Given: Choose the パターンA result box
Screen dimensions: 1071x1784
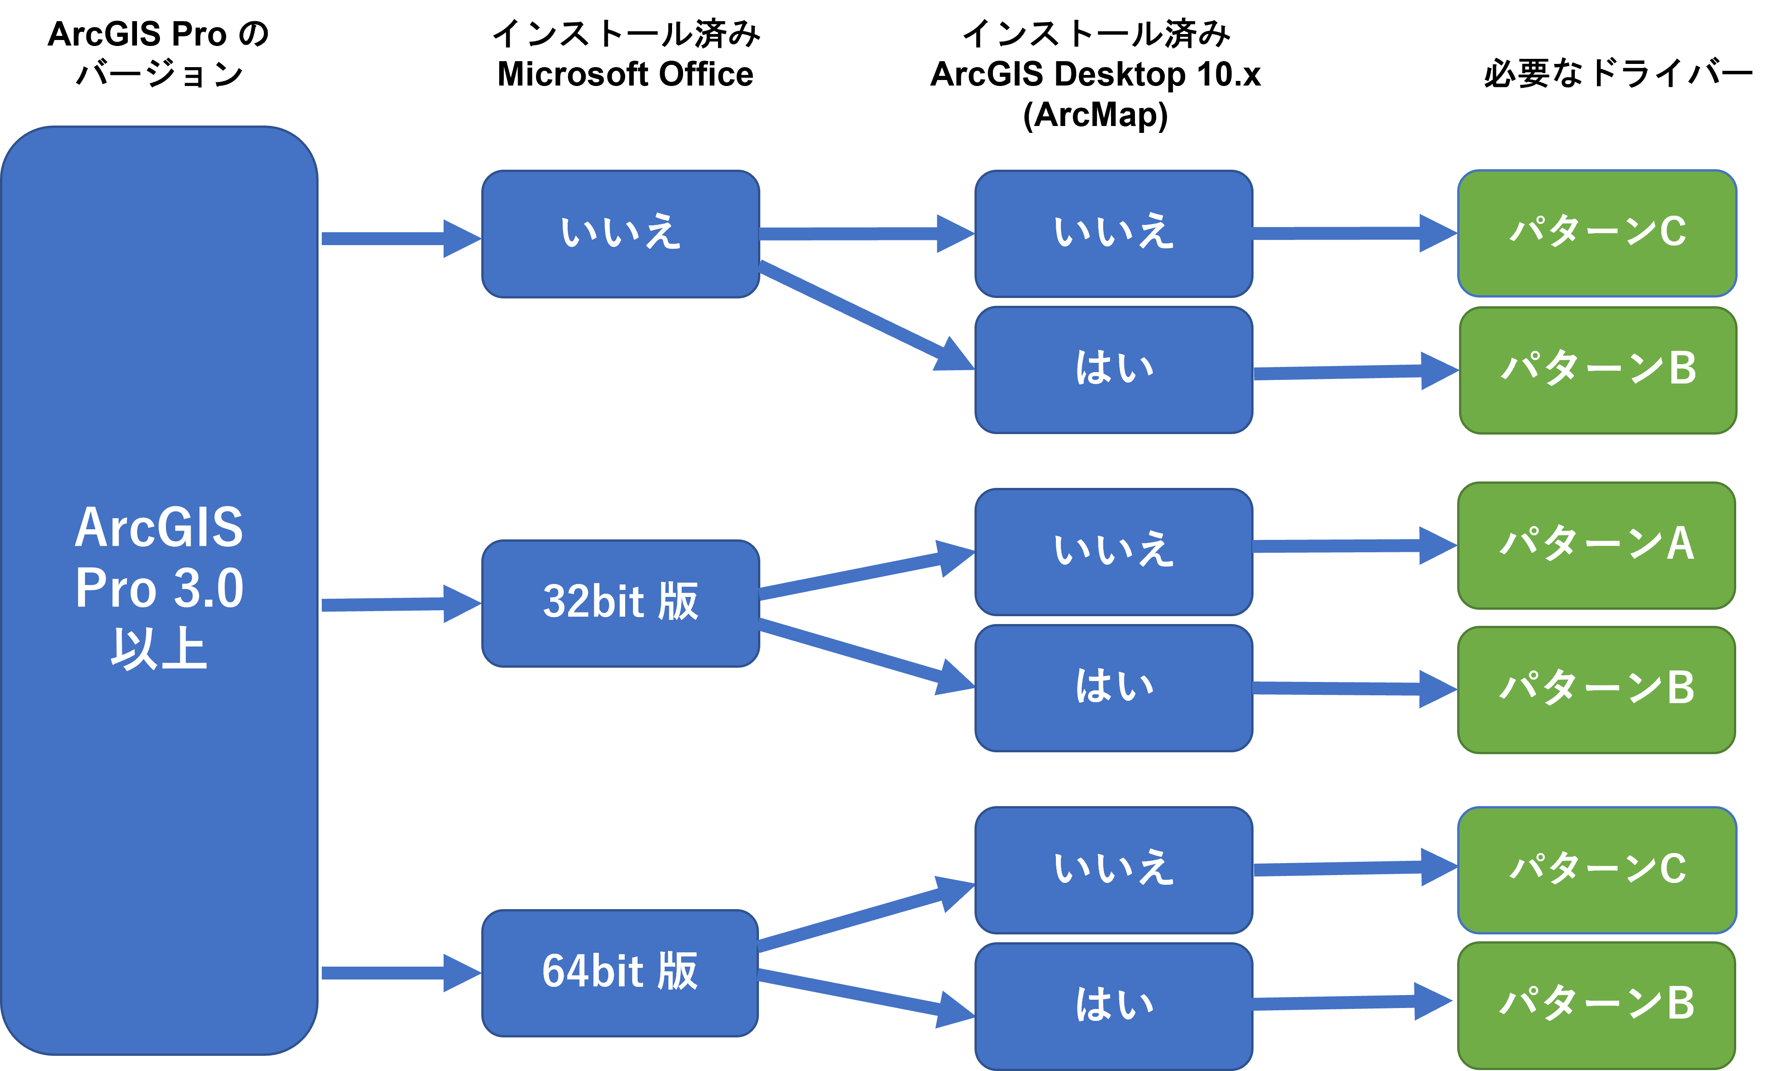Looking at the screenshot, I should point(1596,545).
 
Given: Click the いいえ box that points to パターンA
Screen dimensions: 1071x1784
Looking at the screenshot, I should point(1113,551).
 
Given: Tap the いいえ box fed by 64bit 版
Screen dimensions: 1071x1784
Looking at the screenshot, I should point(1113,870).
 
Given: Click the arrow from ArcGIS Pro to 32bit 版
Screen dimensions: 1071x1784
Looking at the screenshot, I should point(397,604).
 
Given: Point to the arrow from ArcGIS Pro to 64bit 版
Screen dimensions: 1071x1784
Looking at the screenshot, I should point(397,973).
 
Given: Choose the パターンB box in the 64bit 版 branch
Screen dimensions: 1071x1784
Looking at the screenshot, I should point(1596,1005).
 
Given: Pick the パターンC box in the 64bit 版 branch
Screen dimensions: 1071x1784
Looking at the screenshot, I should point(1596,870).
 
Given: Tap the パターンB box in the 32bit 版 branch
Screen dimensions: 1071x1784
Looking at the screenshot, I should point(1596,689).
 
